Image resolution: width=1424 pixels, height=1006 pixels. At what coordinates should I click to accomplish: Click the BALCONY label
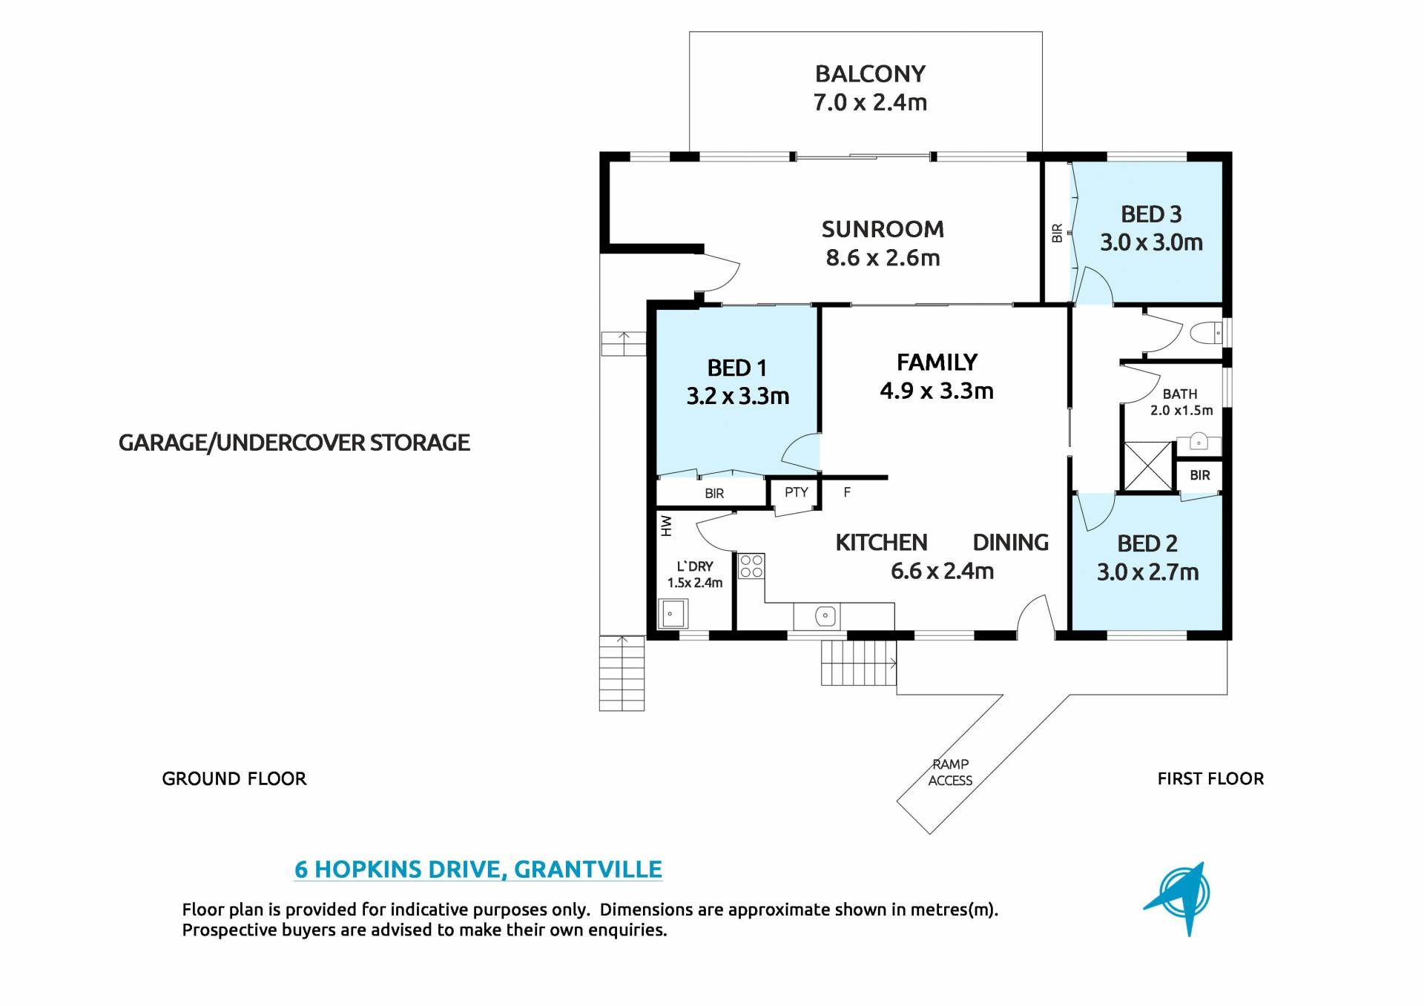[870, 74]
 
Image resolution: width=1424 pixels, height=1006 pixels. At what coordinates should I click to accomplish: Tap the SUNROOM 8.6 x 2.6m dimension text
[883, 258]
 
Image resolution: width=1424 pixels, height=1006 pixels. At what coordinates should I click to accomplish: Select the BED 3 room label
[1151, 214]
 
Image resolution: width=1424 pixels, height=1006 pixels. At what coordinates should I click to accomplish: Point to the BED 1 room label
[737, 368]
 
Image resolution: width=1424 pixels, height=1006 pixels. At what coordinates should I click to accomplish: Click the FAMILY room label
[937, 362]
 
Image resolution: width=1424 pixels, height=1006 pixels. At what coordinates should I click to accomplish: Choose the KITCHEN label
[881, 543]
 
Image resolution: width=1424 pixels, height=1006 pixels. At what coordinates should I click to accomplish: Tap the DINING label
[1011, 543]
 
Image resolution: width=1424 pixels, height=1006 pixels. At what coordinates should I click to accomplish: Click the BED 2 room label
[1147, 543]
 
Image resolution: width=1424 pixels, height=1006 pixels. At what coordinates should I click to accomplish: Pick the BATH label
[1180, 394]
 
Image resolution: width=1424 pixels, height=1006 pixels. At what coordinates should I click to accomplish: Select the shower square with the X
[1148, 466]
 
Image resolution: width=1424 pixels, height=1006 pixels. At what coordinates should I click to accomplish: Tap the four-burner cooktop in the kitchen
[751, 566]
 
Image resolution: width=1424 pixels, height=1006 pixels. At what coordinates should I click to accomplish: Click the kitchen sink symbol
[825, 616]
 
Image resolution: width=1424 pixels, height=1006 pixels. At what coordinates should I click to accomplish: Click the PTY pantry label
[797, 492]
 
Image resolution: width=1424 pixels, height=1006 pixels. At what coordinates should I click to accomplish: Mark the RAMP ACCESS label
[950, 772]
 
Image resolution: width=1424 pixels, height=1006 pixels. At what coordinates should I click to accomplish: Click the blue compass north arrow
[1178, 897]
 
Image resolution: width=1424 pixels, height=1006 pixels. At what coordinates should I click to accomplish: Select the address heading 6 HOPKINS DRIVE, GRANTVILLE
[478, 869]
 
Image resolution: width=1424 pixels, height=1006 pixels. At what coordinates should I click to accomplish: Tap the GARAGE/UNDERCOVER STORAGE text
[294, 443]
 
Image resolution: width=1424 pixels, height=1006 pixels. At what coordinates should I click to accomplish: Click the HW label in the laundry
[666, 526]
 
